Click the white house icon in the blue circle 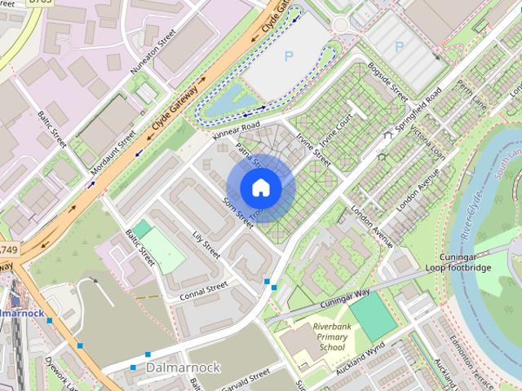coord(260,187)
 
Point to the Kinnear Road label coord(235,128)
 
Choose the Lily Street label coord(206,244)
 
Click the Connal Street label coord(204,290)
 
